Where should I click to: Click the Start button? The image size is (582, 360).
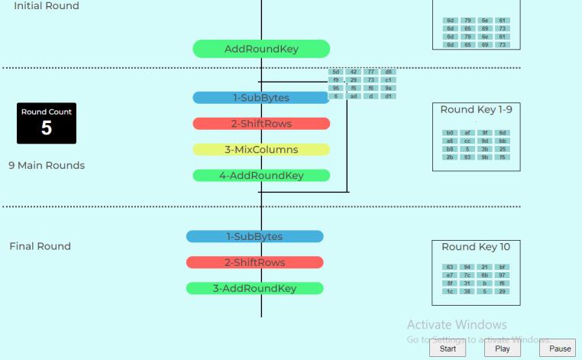tap(448, 349)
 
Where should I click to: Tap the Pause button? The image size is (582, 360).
tap(560, 349)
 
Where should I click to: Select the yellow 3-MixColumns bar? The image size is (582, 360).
tap(261, 150)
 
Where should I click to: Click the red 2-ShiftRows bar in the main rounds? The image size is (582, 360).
tap(261, 124)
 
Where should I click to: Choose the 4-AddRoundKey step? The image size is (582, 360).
tap(261, 176)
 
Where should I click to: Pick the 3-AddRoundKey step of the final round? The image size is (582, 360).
tap(254, 289)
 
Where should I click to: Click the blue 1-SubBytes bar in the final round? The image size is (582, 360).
tap(254, 237)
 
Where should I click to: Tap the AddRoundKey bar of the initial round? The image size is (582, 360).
tap(261, 50)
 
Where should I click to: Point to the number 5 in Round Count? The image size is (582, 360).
tap(47, 128)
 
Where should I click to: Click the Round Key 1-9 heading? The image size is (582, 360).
tap(476, 109)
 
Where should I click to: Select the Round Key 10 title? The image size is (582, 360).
tap(476, 247)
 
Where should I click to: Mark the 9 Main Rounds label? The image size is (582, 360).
tap(47, 165)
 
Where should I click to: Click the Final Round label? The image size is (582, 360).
tap(40, 246)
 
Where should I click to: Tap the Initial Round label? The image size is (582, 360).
tap(46, 6)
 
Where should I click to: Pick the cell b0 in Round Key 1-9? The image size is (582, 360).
tap(450, 133)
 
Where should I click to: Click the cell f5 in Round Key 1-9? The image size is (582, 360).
tap(503, 157)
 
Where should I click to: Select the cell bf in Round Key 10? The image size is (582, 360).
tap(503, 267)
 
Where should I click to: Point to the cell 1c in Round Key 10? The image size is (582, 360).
tap(450, 291)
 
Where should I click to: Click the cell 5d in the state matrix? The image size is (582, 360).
tap(336, 72)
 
